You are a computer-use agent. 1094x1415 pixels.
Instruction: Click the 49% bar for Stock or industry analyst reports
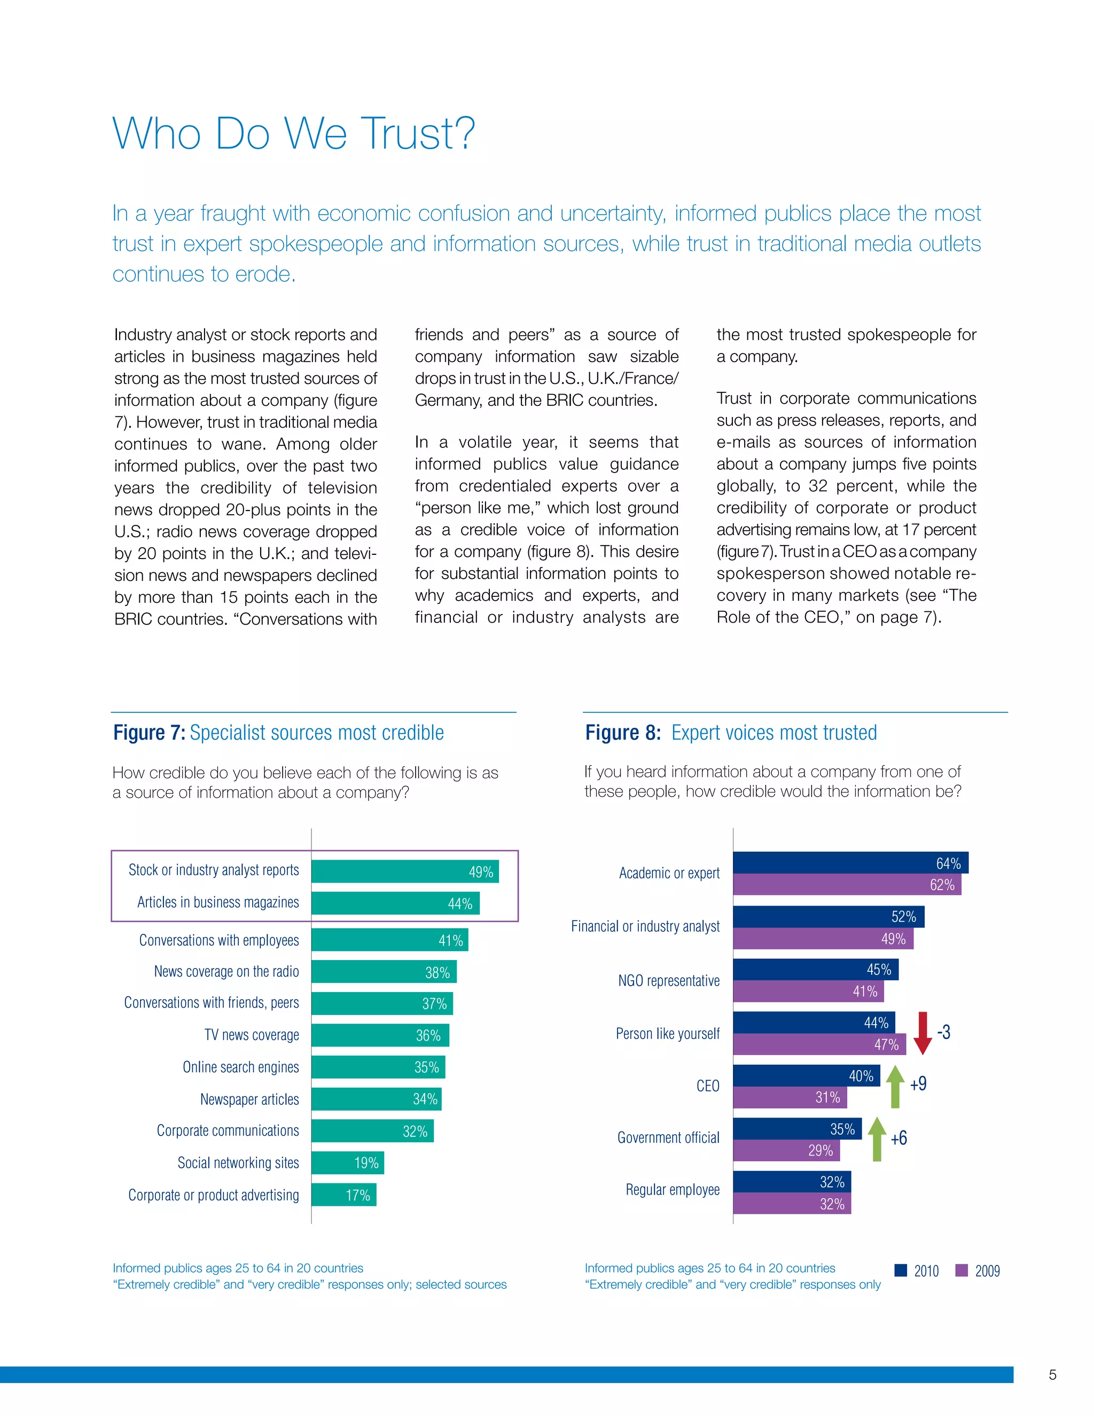pos(405,871)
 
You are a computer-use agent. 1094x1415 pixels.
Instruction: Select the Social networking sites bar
pos(348,1163)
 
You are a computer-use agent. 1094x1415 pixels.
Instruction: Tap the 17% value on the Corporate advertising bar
pos(358,1196)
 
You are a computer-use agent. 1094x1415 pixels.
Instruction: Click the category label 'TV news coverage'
pos(252,1035)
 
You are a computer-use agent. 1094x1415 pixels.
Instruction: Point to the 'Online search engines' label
pos(240,1067)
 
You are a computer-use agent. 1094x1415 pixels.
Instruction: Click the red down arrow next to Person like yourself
pos(922,1033)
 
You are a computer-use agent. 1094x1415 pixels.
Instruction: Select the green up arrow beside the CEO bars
pos(895,1086)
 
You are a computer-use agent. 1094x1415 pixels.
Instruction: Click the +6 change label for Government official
pos(899,1138)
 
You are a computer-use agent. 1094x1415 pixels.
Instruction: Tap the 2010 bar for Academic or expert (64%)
pos(850,863)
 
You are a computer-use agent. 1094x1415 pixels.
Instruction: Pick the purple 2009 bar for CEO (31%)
pos(790,1097)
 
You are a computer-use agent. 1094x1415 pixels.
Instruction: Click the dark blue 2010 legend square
pos(900,1270)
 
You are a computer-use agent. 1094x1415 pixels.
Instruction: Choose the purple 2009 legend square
pos(962,1270)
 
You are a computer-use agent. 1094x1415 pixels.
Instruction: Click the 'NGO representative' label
pos(669,980)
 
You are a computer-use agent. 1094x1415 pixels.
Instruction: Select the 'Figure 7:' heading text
pos(149,733)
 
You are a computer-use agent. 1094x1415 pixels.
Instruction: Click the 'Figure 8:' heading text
pos(623,733)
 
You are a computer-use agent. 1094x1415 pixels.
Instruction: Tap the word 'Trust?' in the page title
pos(418,133)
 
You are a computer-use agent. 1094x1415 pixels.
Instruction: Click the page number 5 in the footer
pos(1052,1375)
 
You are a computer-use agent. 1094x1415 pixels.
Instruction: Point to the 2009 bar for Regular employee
pos(792,1204)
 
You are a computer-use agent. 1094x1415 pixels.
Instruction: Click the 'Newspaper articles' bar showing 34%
pos(376,1099)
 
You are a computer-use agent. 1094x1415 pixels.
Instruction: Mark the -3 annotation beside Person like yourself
pos(944,1032)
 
